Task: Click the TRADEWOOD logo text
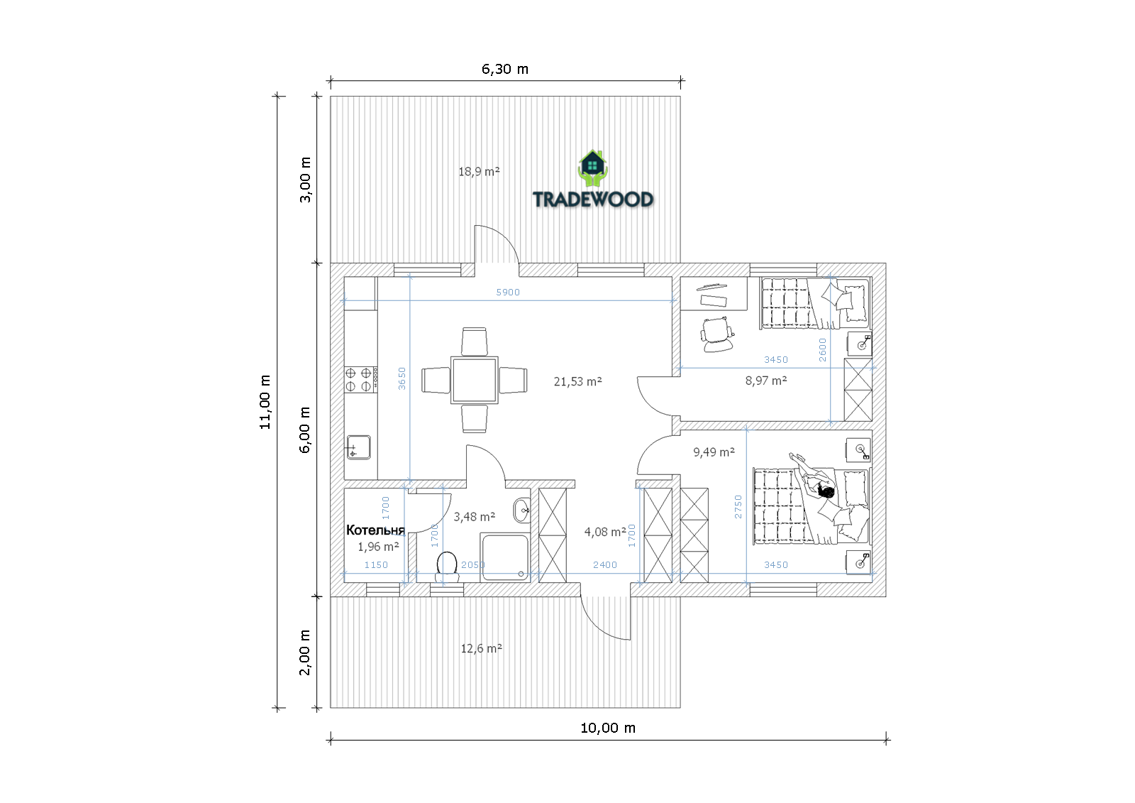pos(593,200)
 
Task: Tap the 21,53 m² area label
pos(577,381)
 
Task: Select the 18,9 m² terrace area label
pos(479,171)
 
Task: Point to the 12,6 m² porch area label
pos(482,648)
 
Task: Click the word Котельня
pos(375,530)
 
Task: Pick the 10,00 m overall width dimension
pos(607,728)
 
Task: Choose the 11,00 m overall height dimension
pos(265,403)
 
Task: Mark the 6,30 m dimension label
pos(504,69)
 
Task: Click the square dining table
pos(475,380)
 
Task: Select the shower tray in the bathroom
pos(504,557)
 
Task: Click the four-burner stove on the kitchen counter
pos(361,380)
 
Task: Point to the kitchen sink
pos(358,447)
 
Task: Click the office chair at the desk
pos(716,334)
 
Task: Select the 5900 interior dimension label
pos(508,293)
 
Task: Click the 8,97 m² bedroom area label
pos(765,381)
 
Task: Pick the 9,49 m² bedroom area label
pos(714,452)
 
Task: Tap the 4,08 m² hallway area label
pos(605,532)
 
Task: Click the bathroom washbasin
pos(522,510)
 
